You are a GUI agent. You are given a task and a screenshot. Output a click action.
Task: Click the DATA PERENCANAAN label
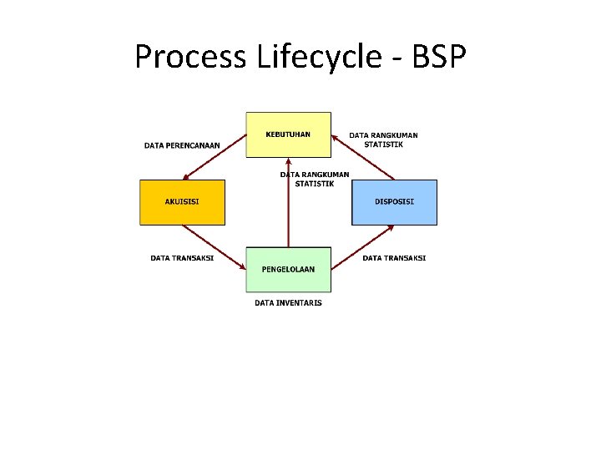coord(182,145)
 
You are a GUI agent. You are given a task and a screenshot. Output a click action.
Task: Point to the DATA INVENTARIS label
coord(288,302)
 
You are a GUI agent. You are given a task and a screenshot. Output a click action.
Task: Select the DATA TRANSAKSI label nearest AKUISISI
coord(182,258)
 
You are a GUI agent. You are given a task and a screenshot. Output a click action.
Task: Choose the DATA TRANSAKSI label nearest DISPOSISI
coord(394,258)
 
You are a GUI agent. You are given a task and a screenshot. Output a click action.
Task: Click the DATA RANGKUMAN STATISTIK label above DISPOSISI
coord(383,139)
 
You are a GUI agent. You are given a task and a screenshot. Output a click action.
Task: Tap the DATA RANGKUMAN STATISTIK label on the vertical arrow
coord(315,179)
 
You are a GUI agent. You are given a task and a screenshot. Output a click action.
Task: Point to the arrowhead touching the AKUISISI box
coord(186,177)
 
